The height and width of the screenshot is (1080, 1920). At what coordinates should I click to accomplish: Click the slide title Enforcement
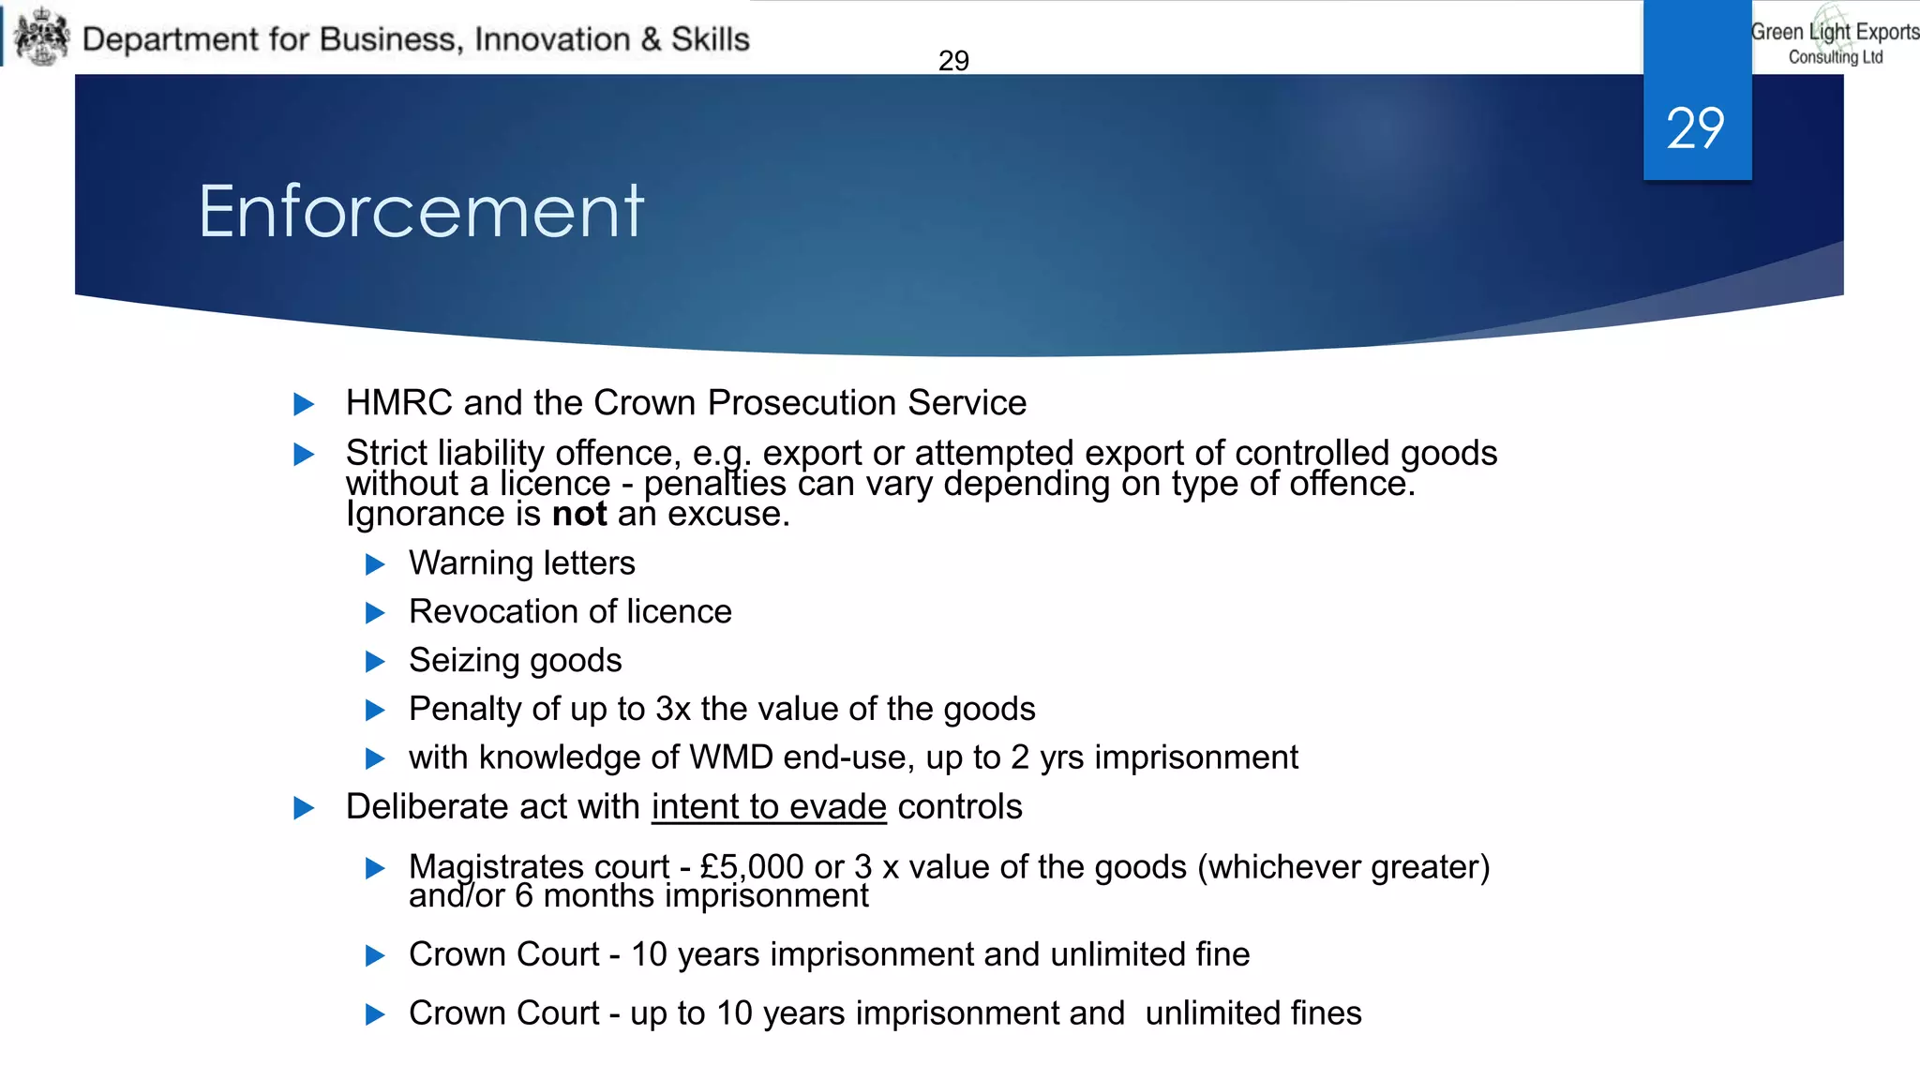point(421,212)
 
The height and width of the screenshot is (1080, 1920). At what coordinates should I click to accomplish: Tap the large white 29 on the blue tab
point(1695,128)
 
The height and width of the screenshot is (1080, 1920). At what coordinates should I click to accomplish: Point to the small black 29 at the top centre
point(953,61)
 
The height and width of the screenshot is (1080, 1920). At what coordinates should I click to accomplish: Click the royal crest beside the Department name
point(42,37)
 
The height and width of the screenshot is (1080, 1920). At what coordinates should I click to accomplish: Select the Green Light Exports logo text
point(1835,41)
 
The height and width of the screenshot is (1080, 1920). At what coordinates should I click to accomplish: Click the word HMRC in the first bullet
point(399,403)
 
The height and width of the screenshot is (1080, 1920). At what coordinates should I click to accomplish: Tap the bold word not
point(579,514)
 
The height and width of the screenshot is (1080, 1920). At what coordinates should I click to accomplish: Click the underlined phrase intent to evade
point(769,807)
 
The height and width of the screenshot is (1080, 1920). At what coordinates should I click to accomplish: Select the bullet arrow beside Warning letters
point(375,564)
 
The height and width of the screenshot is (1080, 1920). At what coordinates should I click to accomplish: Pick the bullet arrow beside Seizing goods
point(375,662)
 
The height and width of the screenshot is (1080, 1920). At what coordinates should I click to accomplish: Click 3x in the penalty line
point(673,710)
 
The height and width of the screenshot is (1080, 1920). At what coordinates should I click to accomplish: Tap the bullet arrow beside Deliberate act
point(304,808)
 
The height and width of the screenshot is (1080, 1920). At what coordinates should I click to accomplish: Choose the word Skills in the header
point(711,39)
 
